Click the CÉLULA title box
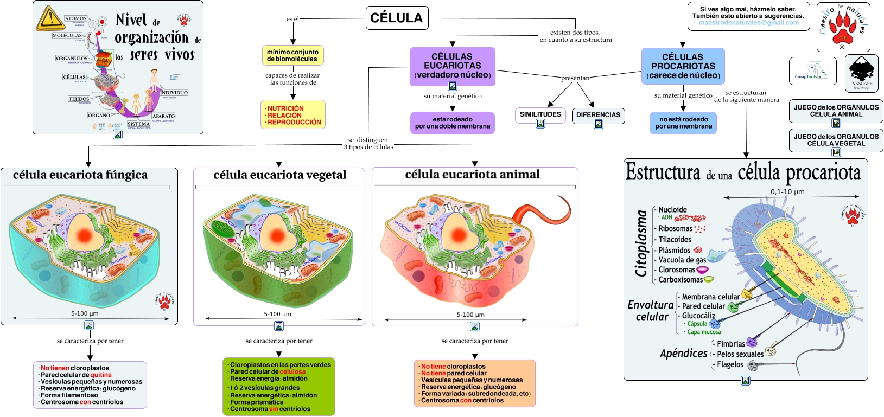tap(397, 18)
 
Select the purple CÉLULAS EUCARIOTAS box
tap(452, 66)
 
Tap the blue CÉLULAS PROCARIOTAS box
tap(683, 66)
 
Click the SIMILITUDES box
tap(540, 114)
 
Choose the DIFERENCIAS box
tap(598, 115)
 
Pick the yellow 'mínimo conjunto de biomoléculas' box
tap(292, 55)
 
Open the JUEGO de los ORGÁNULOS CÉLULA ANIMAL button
tap(836, 111)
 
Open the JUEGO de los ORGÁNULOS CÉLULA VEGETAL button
tap(836, 140)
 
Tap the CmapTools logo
tap(812, 71)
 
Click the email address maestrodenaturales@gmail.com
tap(748, 23)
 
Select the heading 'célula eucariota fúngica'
tap(80, 175)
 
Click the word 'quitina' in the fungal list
tap(101, 375)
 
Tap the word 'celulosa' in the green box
tap(292, 372)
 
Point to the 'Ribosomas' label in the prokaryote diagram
tap(675, 229)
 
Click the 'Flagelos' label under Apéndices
tap(730, 364)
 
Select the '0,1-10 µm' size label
tap(787, 191)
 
